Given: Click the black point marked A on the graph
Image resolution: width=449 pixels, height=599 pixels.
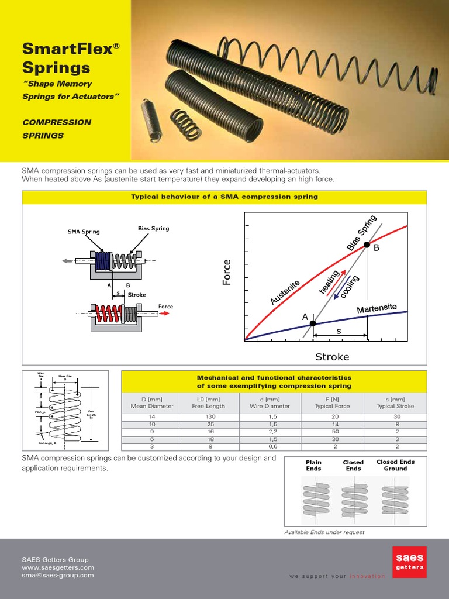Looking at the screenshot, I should pos(313,323).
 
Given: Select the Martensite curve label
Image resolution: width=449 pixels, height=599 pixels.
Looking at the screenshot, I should pos(377,308).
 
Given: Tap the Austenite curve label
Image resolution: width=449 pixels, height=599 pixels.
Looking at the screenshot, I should pos(285,292).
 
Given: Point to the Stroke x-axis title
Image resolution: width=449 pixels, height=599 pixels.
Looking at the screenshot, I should pos(332,356).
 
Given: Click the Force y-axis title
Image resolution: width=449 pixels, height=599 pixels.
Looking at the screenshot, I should pos(227,272).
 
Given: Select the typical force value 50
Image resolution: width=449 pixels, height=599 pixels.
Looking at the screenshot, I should pos(333,431).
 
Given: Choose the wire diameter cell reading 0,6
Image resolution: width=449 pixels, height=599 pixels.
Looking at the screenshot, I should pos(270,446).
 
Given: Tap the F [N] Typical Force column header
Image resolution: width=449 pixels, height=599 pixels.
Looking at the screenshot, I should pos(333,402).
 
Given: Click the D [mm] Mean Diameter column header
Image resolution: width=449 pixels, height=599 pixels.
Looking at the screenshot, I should pos(152,402).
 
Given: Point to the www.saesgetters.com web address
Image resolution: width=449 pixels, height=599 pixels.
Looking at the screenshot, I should pos(58,567).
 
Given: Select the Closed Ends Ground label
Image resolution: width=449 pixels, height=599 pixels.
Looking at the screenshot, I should pos(395,465).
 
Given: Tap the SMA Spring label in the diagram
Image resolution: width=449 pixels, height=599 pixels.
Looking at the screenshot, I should pos(83,232).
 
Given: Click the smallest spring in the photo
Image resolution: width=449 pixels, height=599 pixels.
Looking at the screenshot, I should pos(150,120).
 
